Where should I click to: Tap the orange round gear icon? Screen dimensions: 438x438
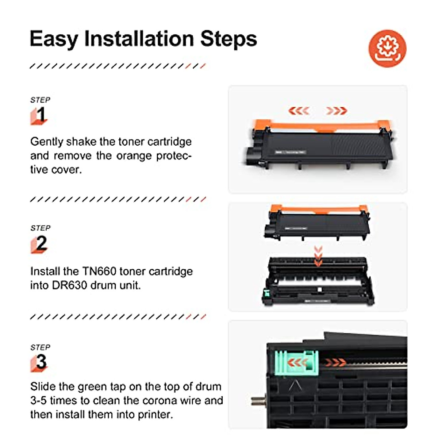coord(387,48)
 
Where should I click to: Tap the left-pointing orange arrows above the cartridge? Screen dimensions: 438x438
coord(299,111)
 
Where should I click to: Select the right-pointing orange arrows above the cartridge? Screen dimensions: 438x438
coord(336,111)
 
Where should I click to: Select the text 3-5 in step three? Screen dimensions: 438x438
coord(39,400)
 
